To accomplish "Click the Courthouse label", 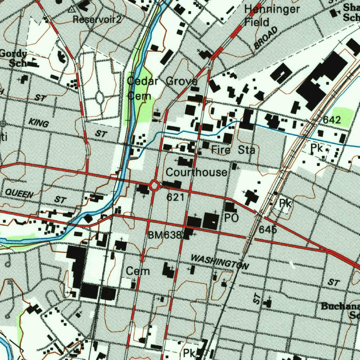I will [196, 172].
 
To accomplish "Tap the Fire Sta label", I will [233, 150].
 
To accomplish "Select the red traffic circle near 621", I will [154, 185].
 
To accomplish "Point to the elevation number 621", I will [175, 197].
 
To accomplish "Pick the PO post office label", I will [232, 218].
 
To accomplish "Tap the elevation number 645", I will [268, 230].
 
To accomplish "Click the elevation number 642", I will [332, 120].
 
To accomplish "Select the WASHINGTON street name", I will [220, 262].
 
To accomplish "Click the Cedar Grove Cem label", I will [161, 88].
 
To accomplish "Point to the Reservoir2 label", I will [97, 19].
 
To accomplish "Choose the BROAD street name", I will [265, 38].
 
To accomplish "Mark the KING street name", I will [38, 123].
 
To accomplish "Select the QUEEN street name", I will [19, 193].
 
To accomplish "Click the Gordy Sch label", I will [14, 58].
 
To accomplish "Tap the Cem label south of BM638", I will [138, 271].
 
